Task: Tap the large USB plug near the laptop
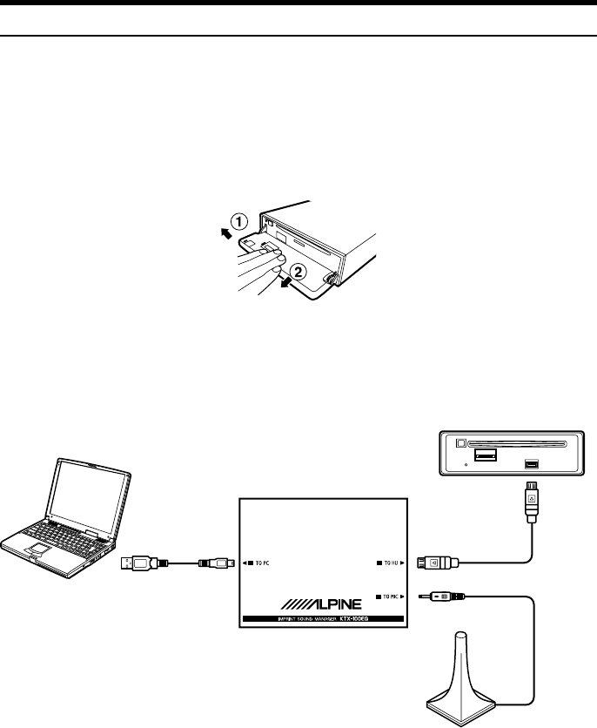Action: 140,563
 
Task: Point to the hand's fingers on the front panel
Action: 261,260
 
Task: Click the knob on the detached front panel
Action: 332,280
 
